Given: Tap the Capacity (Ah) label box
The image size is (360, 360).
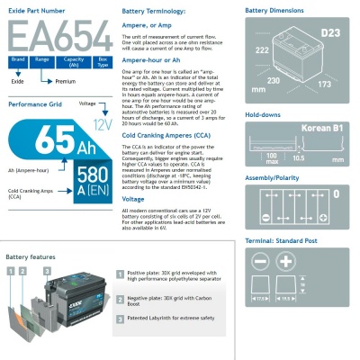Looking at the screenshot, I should (76, 60).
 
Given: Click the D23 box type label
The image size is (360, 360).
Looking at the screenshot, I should (331, 32).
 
